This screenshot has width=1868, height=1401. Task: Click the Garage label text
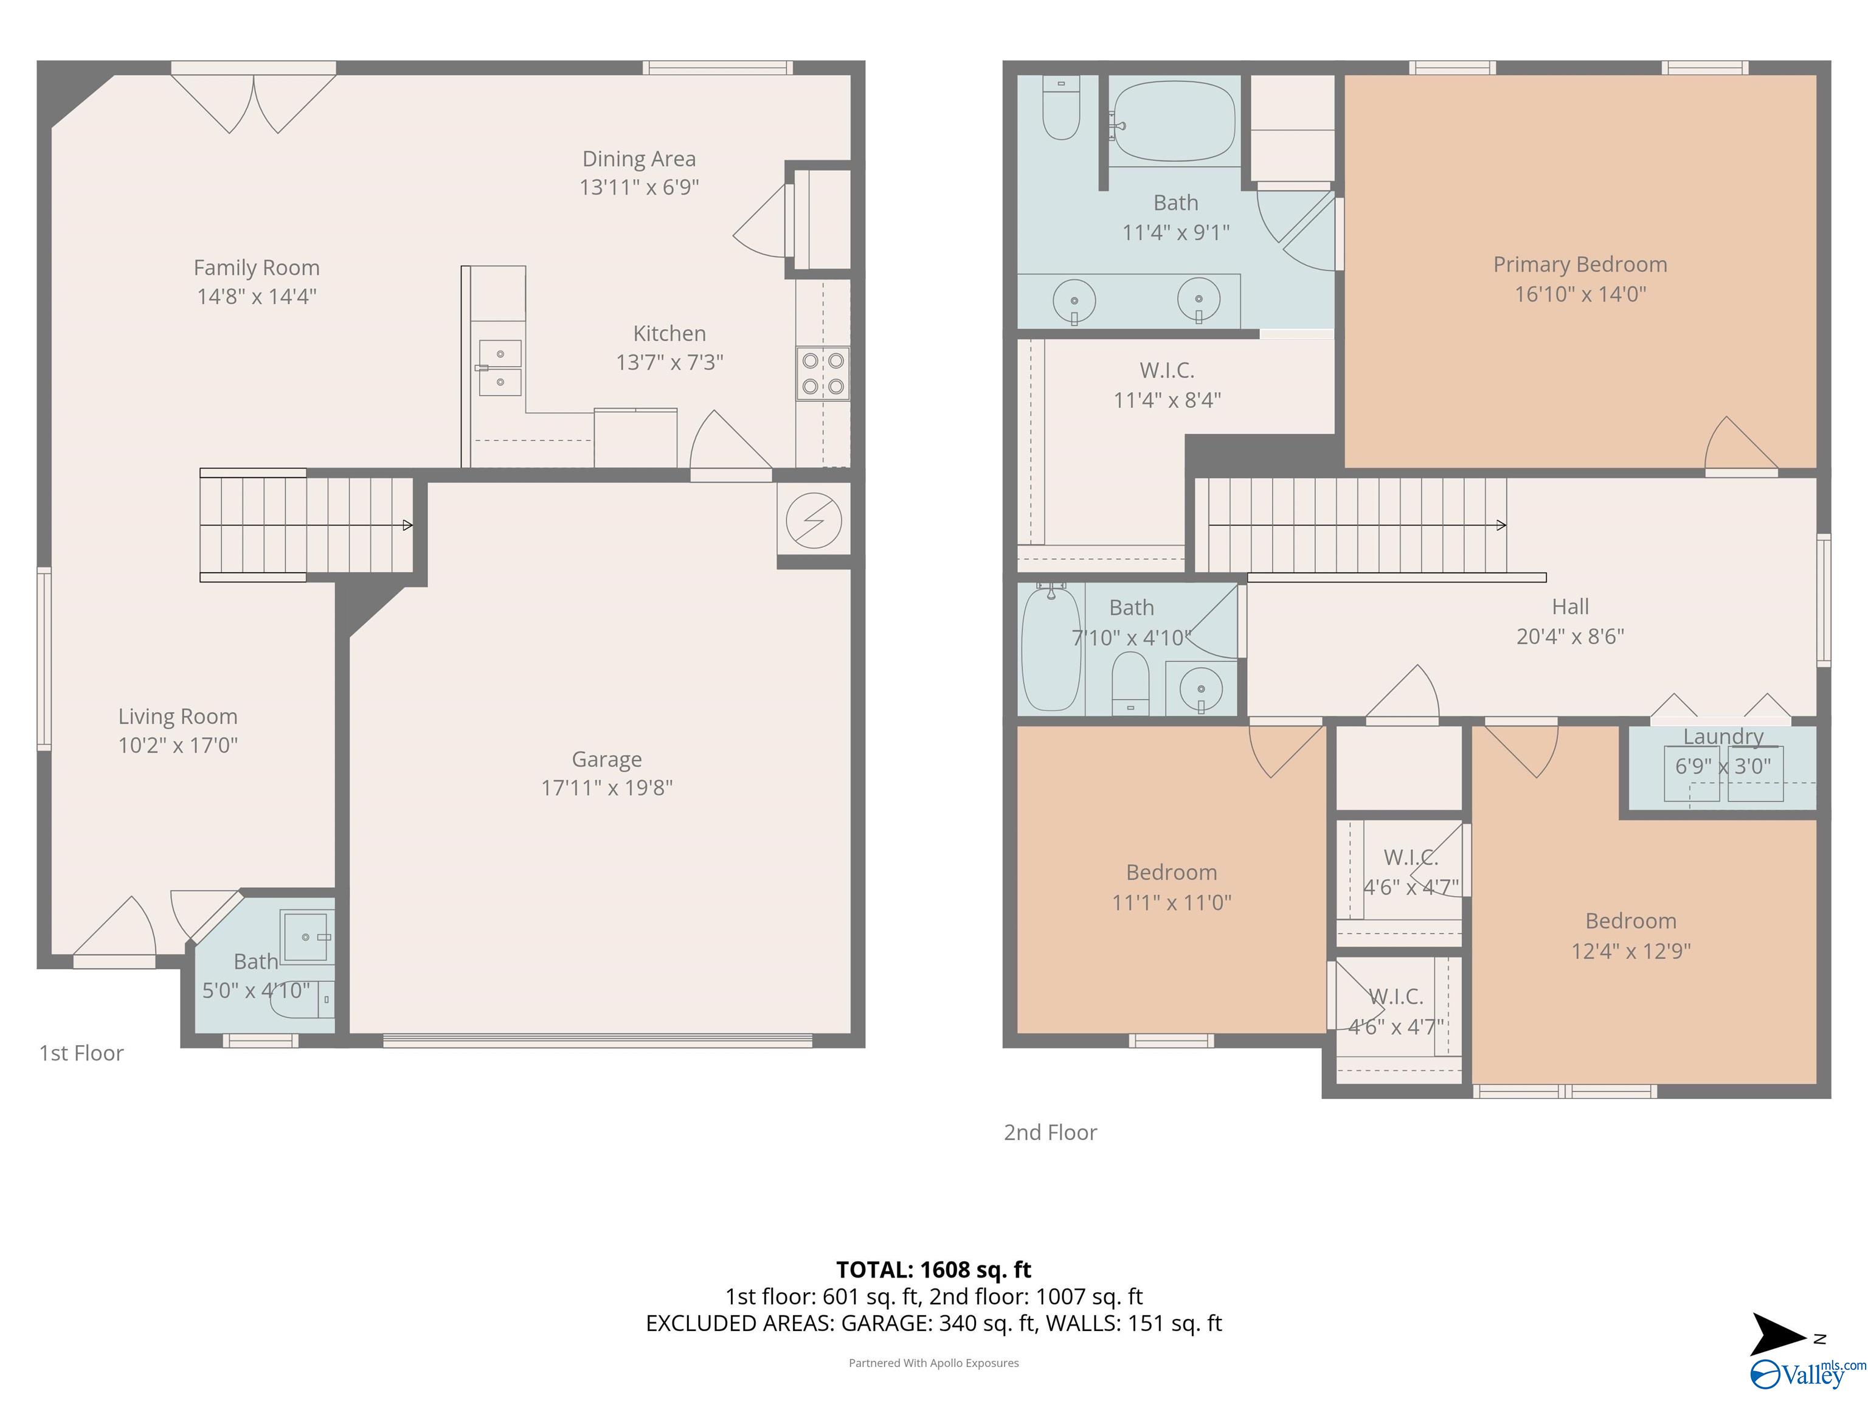click(606, 759)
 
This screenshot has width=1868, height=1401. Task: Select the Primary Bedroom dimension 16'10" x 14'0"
click(1580, 294)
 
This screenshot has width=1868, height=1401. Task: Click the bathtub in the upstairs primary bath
click(1174, 122)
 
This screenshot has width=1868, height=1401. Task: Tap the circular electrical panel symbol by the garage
click(813, 520)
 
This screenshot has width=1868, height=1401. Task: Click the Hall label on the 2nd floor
click(1570, 606)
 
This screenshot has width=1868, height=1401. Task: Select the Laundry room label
click(1723, 736)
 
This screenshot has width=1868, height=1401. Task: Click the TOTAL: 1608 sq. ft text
click(933, 1269)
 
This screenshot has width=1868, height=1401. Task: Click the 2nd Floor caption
click(1050, 1132)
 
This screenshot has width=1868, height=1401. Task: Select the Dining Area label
click(638, 159)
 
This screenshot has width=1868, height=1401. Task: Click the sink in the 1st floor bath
click(306, 936)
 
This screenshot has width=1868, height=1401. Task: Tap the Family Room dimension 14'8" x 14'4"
click(256, 296)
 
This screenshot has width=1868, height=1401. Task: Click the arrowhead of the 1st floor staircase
click(408, 525)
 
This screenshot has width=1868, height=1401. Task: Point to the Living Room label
click(178, 716)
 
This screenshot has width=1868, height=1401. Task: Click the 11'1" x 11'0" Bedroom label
click(1171, 887)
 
